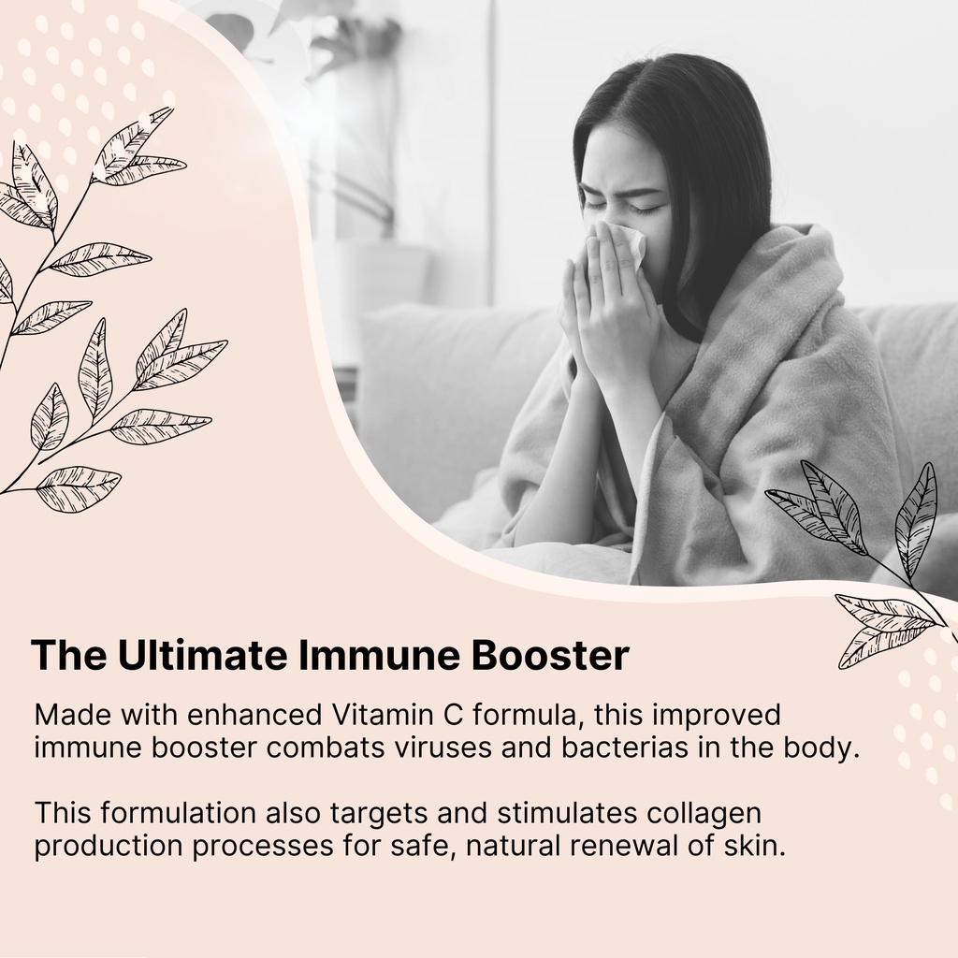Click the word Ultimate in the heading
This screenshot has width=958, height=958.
[202, 654]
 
